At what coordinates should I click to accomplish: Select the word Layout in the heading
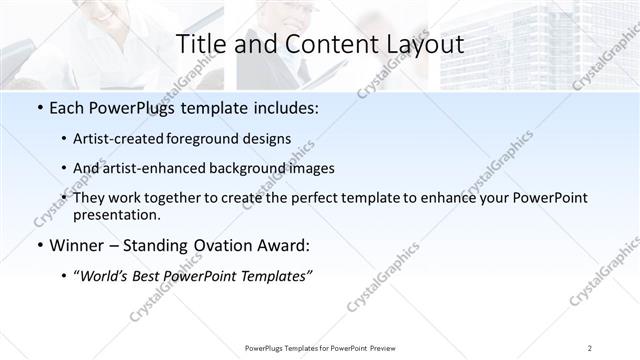(424, 45)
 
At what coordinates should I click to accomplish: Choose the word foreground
(208, 138)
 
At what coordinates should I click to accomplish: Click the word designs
(268, 138)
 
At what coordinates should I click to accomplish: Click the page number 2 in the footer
(590, 348)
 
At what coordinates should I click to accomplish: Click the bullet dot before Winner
(39, 246)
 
